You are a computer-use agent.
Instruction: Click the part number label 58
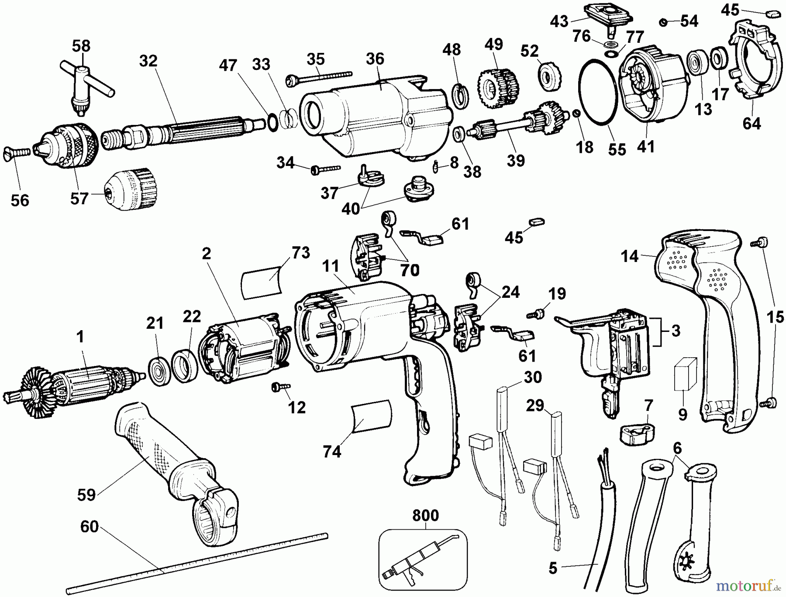pyautogui.click(x=81, y=46)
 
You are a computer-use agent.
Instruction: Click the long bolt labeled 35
pyautogui.click(x=319, y=77)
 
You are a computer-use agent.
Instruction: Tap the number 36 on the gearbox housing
pyautogui.click(x=375, y=59)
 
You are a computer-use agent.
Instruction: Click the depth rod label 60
pyautogui.click(x=89, y=527)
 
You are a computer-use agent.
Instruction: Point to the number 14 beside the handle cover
pyautogui.click(x=630, y=256)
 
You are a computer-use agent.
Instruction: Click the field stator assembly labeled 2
pyautogui.click(x=242, y=349)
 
